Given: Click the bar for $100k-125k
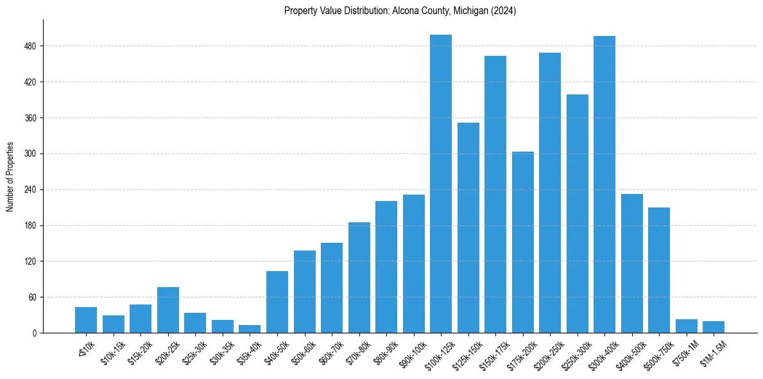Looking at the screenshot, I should (441, 184).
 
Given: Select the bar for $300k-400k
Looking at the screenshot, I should (604, 184).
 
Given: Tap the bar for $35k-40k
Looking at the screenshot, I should (250, 329).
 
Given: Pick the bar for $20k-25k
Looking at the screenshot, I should (168, 310).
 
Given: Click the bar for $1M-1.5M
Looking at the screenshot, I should (714, 327).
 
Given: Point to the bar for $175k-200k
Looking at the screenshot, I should (522, 242).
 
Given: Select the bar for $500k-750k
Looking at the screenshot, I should (659, 270).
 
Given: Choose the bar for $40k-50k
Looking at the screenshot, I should (277, 302).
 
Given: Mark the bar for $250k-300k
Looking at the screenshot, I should (577, 214).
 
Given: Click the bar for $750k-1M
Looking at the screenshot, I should (686, 326).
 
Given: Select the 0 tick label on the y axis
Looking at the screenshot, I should (36, 333).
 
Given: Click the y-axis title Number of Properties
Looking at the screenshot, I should (10, 177).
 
